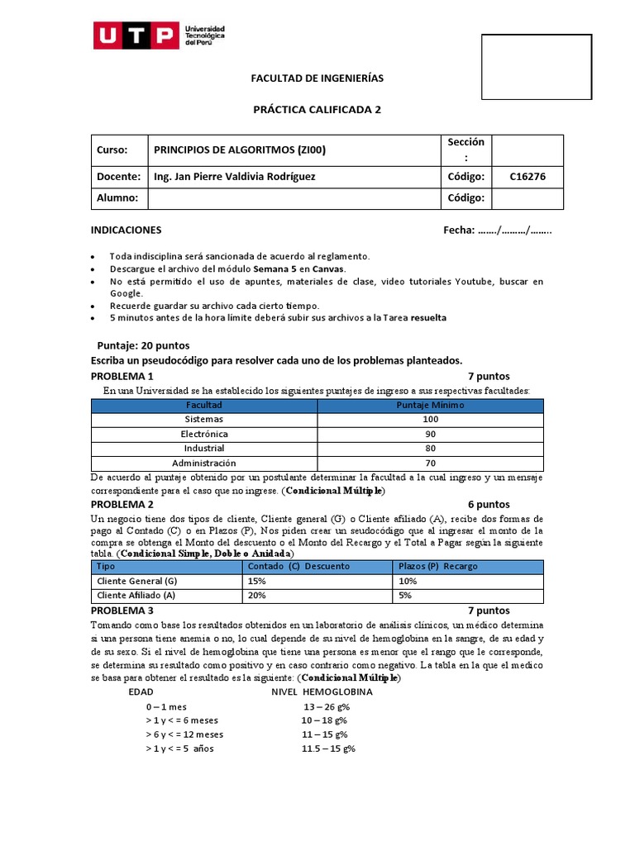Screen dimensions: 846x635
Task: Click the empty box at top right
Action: click(537, 66)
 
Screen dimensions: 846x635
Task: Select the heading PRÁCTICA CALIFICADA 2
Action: click(317, 109)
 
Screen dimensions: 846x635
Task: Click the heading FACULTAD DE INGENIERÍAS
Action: click(317, 78)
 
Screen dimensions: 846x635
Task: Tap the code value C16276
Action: click(528, 177)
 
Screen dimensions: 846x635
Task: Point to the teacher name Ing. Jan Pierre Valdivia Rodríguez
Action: click(234, 177)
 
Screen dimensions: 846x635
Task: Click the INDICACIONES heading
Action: click(126, 230)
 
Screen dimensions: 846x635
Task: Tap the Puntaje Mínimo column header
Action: click(430, 406)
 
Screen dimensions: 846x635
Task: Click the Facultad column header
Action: click(203, 406)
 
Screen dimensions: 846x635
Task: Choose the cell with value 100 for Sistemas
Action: click(430, 420)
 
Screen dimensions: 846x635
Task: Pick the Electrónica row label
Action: click(203, 434)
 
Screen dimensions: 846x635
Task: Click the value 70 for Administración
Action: click(430, 463)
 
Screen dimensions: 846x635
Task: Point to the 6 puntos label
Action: click(489, 504)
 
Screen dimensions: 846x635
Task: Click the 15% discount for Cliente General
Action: click(256, 581)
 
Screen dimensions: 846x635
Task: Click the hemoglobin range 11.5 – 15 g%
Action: click(328, 749)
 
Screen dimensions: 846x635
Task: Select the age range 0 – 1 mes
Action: click(166, 706)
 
